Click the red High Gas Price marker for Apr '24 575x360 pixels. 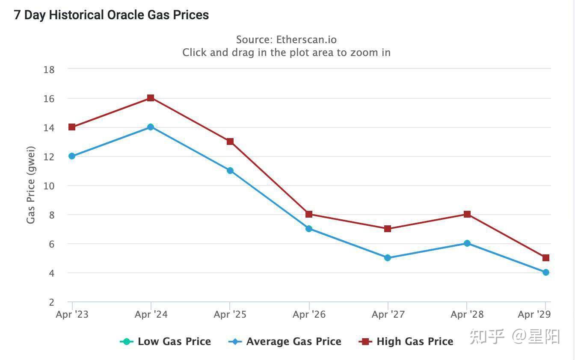(x=151, y=98)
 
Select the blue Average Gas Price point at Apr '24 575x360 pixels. (x=151, y=127)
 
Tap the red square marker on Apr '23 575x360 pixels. (x=72, y=127)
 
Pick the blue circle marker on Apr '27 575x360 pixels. (x=388, y=258)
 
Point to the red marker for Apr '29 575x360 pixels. (x=546, y=258)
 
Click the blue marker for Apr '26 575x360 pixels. (x=309, y=229)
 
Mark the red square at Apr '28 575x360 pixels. (x=467, y=214)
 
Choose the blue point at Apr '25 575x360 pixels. (x=230, y=171)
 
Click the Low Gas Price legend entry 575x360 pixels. (x=166, y=342)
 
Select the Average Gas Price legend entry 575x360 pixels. (x=285, y=342)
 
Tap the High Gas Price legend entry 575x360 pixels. (x=406, y=342)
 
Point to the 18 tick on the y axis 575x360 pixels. (x=49, y=70)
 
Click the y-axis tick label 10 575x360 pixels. (x=49, y=186)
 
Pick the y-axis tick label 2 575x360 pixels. (x=52, y=302)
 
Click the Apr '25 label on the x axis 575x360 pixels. (x=230, y=315)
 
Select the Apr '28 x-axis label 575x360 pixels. (x=467, y=315)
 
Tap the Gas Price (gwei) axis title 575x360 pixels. (x=31, y=185)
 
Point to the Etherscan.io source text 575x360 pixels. (x=306, y=40)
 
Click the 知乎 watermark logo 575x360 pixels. (x=487, y=337)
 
